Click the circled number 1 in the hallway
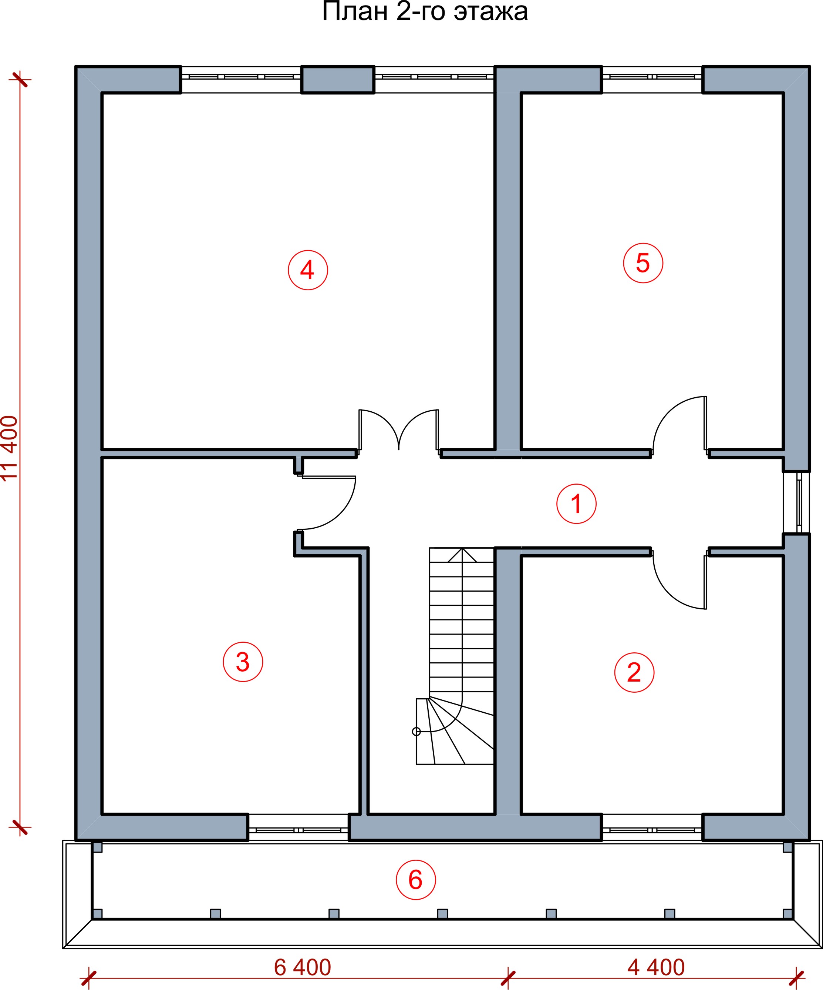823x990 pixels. [576, 504]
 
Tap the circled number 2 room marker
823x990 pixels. [634, 672]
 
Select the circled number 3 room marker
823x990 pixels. [243, 662]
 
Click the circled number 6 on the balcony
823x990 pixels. [415, 880]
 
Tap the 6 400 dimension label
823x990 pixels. [303, 968]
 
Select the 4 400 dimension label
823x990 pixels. [656, 968]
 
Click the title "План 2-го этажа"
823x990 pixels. [425, 11]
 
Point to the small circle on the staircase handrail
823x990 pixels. [416, 732]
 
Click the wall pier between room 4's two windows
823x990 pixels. [338, 80]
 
